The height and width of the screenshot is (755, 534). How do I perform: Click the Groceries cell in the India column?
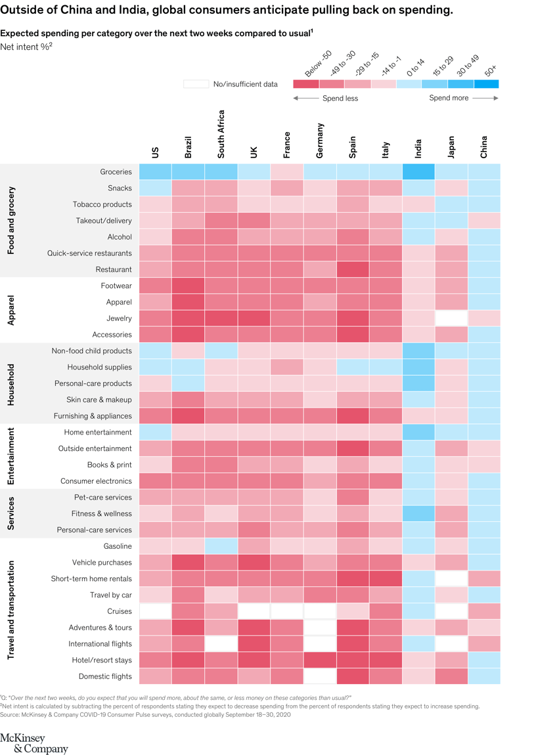[x=418, y=172]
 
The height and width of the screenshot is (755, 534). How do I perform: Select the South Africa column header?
[x=221, y=134]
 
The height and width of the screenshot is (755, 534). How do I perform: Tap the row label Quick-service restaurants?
[x=89, y=253]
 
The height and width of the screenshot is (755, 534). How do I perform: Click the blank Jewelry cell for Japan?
[x=451, y=318]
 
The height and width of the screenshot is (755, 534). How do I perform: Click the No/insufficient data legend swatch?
[x=196, y=84]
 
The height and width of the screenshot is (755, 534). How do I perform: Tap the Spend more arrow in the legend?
[x=485, y=98]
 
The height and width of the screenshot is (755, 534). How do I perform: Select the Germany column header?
[x=320, y=140]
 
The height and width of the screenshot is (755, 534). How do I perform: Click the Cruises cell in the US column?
[x=155, y=611]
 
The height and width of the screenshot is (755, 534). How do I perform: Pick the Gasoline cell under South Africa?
[x=221, y=546]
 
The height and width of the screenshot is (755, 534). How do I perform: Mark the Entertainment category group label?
[x=11, y=456]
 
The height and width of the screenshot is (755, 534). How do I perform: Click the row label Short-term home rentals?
[x=91, y=578]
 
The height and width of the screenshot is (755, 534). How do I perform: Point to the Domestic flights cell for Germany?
[x=320, y=676]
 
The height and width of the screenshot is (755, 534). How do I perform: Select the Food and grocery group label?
[x=11, y=221]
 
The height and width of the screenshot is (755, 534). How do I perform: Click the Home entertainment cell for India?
[x=418, y=432]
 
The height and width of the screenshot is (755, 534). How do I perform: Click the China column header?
[x=484, y=147]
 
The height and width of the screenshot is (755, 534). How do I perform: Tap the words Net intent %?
[x=24, y=47]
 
